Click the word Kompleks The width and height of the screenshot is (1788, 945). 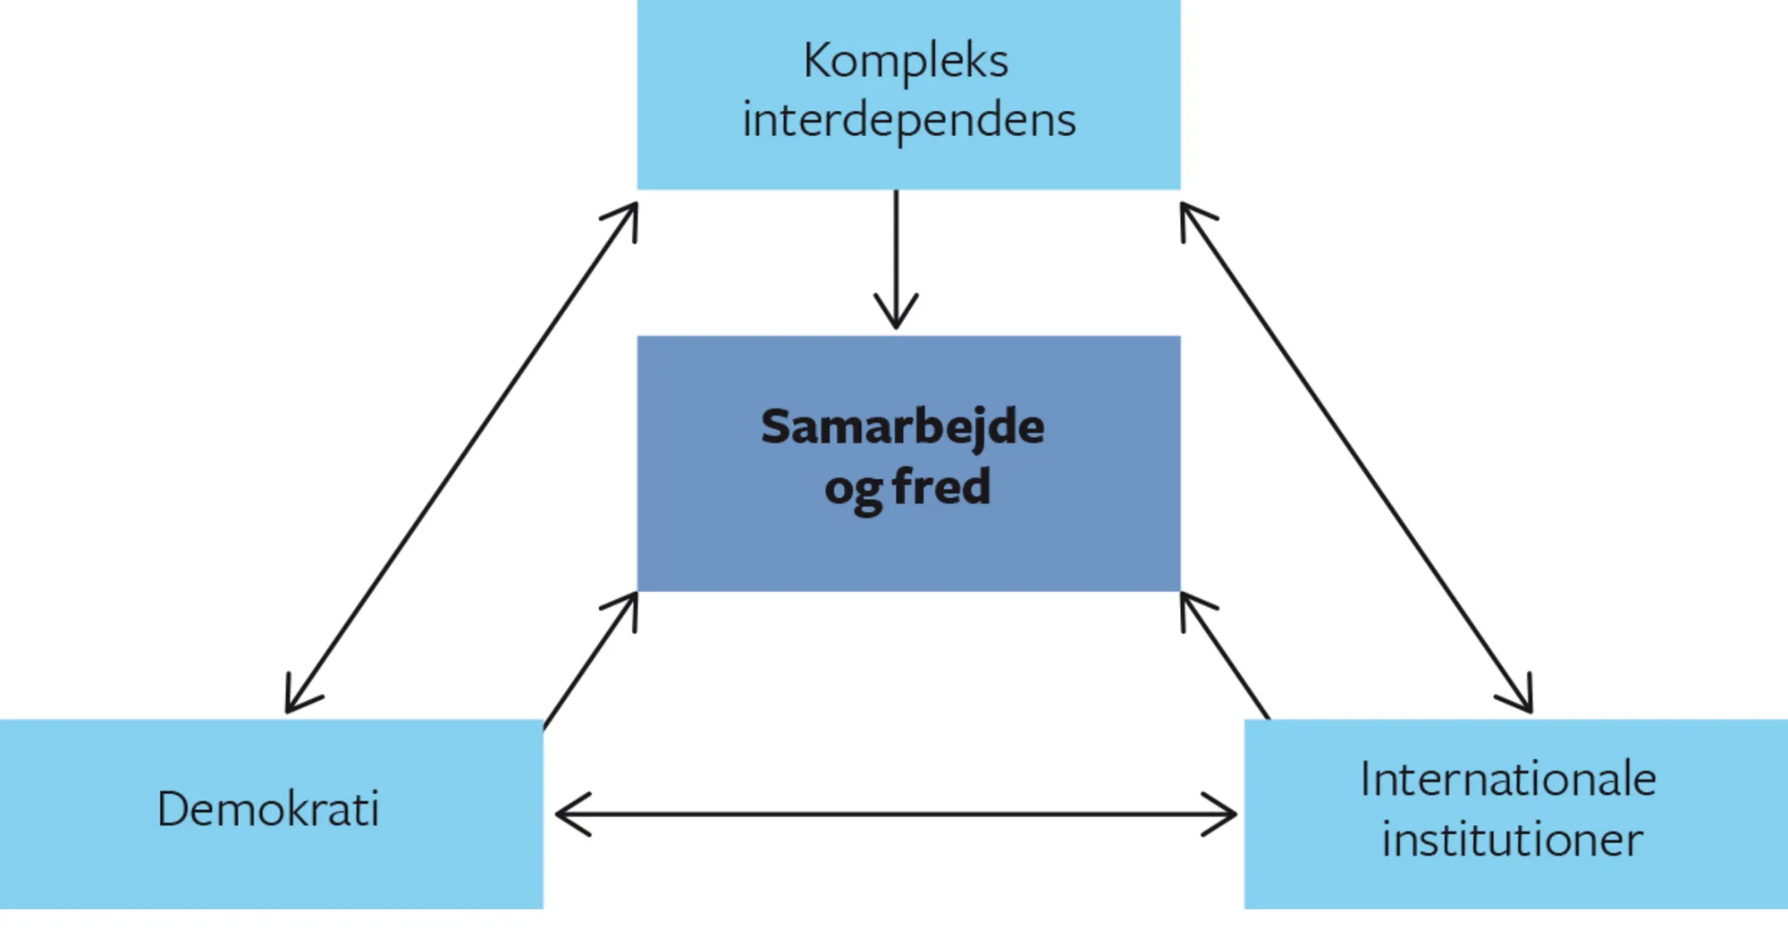(906, 62)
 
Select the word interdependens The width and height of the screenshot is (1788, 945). (908, 121)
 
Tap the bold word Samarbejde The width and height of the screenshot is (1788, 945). (902, 426)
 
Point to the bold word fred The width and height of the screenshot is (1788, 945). (941, 487)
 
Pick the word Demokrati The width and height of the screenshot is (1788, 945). (268, 810)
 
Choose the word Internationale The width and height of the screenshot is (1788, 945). (1508, 780)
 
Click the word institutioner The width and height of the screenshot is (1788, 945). (1512, 840)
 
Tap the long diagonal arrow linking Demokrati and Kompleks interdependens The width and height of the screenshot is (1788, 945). (461, 457)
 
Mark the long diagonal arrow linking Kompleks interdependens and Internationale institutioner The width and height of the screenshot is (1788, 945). (1356, 457)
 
